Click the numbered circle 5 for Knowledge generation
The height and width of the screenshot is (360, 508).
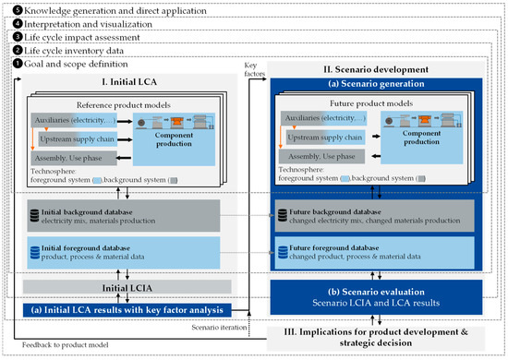click(7, 7)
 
